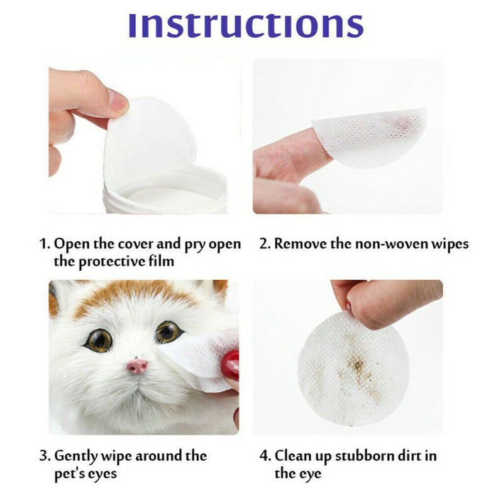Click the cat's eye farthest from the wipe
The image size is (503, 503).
coord(99,340)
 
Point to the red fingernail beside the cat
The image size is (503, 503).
coord(230,365)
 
